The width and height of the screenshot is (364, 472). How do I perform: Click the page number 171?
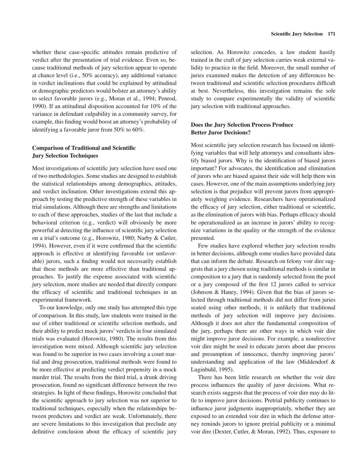tap(331, 34)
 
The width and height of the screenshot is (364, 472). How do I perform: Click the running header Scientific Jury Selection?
tap(297, 34)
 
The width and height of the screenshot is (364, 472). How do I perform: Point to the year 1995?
tap(227, 370)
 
